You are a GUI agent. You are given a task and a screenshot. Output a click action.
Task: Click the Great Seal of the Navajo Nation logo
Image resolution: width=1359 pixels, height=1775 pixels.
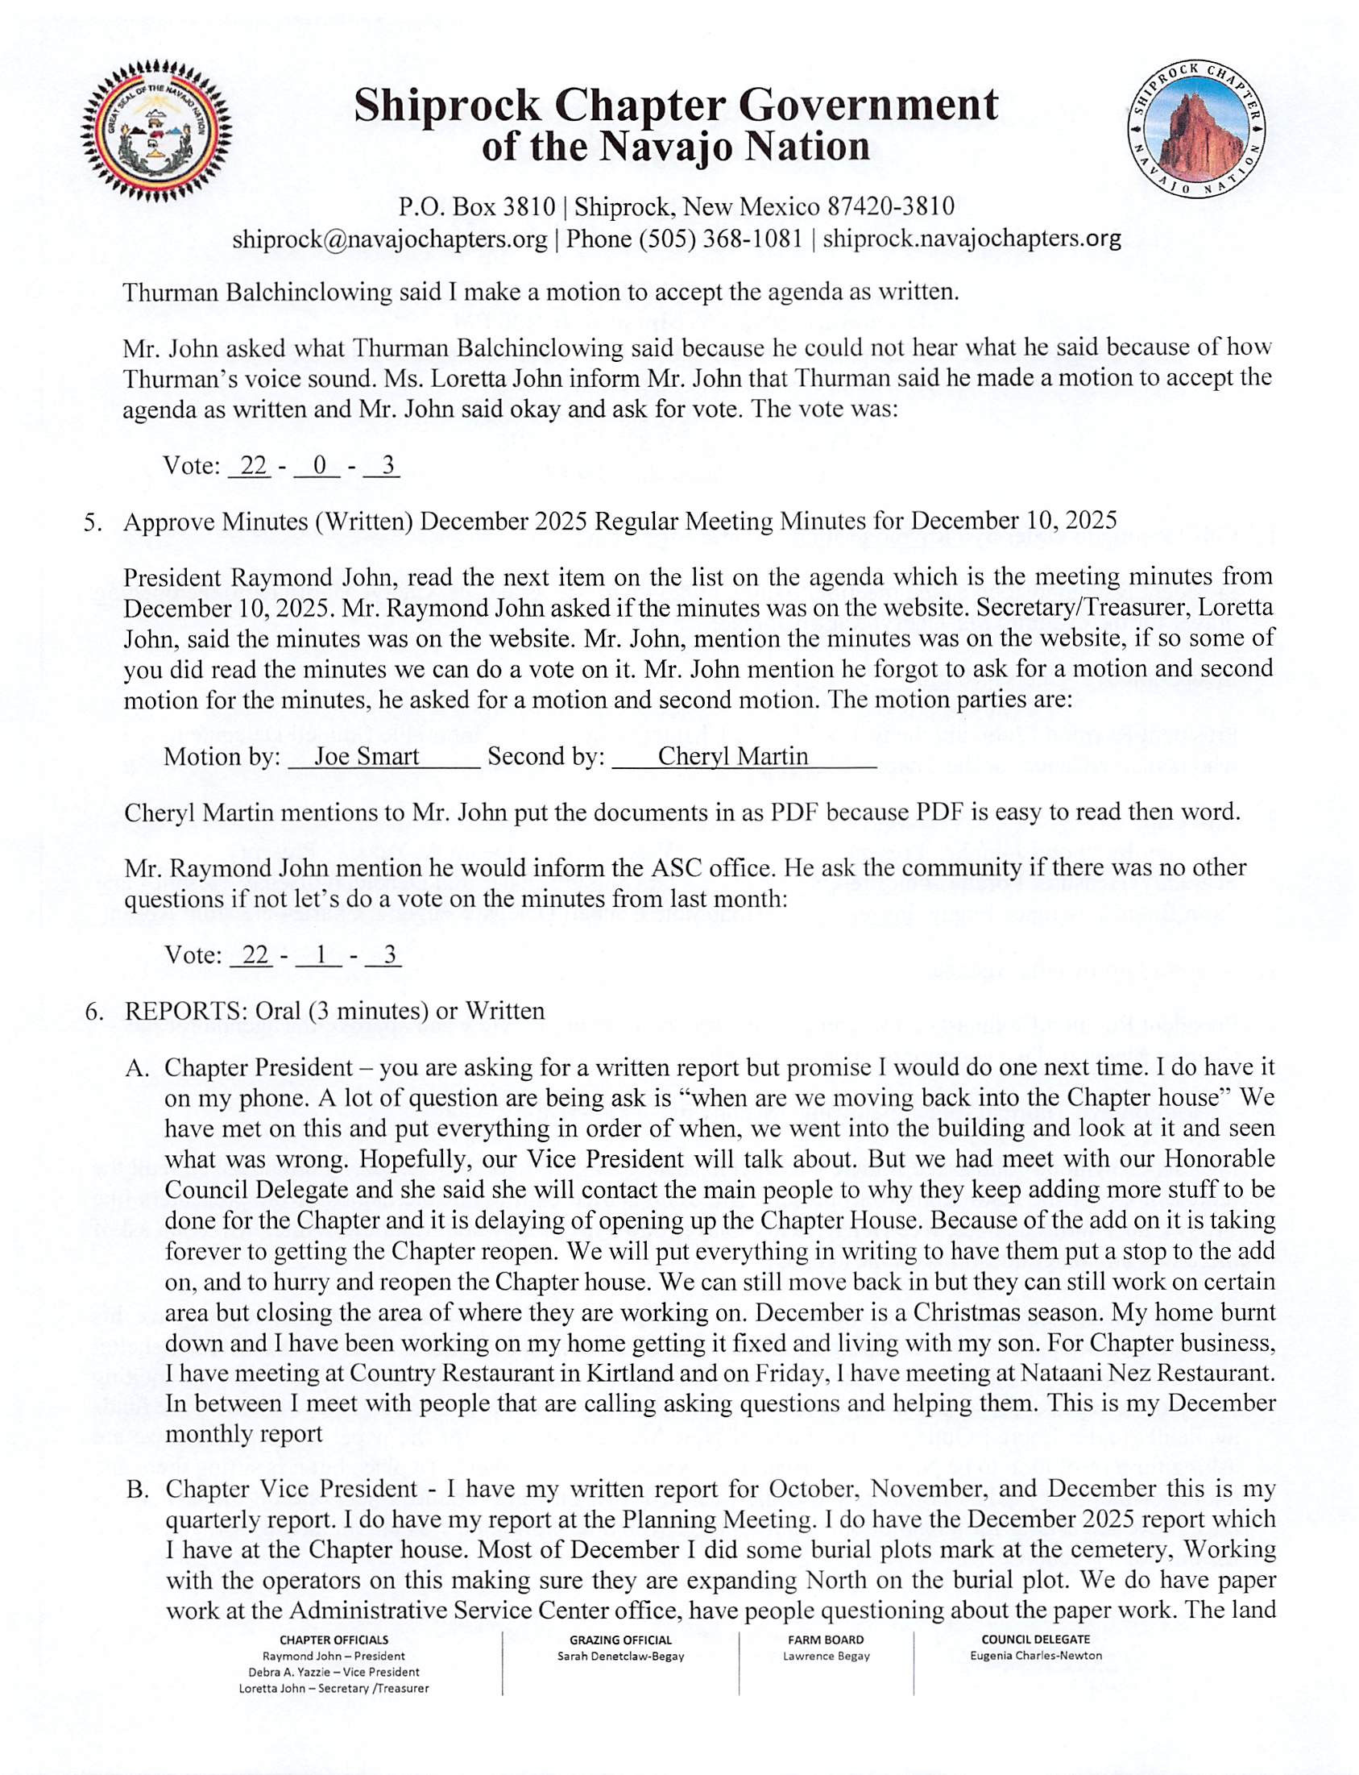coord(156,131)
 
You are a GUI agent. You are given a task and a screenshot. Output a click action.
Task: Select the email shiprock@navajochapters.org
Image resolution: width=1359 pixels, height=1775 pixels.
coord(390,239)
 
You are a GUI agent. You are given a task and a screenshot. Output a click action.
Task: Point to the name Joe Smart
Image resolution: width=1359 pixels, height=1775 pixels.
coord(367,756)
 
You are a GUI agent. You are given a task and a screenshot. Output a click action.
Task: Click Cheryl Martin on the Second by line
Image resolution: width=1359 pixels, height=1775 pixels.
coord(733,756)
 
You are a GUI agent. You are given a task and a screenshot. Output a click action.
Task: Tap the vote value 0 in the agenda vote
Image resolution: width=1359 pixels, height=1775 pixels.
coord(319,465)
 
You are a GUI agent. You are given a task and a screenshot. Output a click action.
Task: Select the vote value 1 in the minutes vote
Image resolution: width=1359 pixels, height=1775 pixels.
coord(321,955)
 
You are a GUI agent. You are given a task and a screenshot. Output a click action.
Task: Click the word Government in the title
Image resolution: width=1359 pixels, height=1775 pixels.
coord(858,106)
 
